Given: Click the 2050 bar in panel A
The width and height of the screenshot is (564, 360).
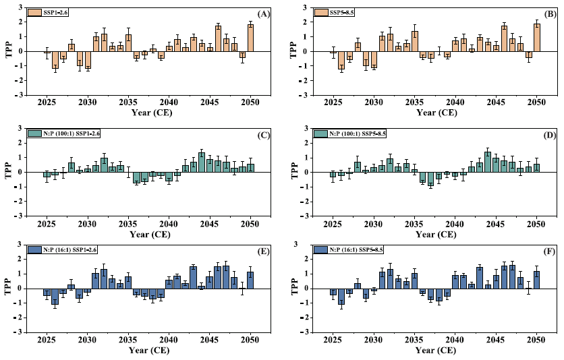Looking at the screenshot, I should point(250,38).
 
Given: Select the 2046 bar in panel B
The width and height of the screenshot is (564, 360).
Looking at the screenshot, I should point(504,38).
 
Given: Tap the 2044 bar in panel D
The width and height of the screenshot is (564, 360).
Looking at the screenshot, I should point(488,162).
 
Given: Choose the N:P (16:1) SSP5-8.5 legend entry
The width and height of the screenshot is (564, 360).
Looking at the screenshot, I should point(358,250).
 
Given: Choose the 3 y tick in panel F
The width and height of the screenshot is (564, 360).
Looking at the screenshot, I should point(308,245).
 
